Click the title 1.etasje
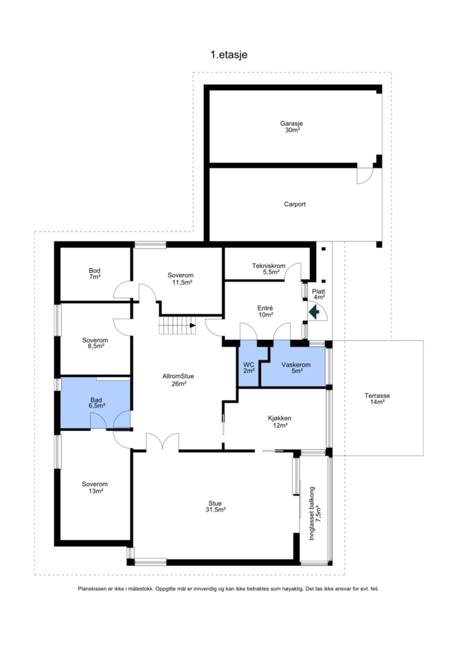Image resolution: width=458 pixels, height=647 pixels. (229, 55)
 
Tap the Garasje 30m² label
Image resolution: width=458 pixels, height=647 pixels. (292, 127)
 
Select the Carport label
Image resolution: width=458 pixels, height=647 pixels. (295, 204)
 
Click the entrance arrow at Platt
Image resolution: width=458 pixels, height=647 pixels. (314, 312)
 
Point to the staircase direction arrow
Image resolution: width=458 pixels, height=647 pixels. (193, 325)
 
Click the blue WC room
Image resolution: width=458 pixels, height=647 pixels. (248, 367)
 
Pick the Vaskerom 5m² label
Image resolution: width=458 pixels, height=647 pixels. (296, 368)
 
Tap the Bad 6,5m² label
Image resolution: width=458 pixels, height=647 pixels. (96, 403)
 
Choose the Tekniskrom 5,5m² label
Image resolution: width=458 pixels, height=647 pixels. (269, 269)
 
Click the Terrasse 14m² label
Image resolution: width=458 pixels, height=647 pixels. (377, 399)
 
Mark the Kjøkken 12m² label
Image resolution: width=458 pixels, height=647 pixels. (280, 422)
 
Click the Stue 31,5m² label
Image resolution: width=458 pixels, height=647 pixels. (215, 506)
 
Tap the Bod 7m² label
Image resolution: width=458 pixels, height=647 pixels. (95, 274)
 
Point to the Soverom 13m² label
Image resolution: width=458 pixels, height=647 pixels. (95, 487)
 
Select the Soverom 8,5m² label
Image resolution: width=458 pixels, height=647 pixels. (95, 343)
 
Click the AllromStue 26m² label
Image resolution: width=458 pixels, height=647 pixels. (178, 380)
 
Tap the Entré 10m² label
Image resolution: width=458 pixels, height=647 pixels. (265, 311)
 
